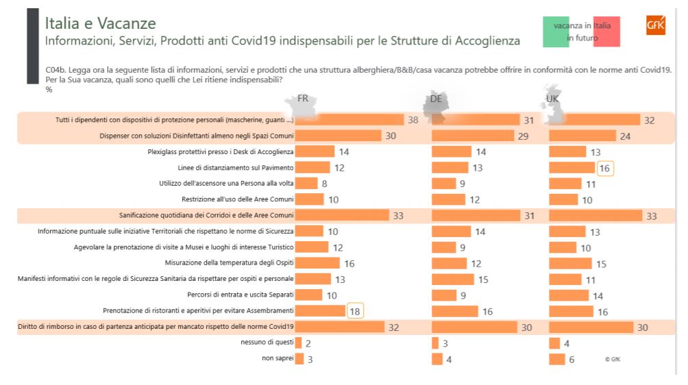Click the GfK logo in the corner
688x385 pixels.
(655, 25)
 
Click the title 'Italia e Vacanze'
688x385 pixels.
(100, 24)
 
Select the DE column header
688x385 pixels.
(436, 99)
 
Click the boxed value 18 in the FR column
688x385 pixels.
(355, 311)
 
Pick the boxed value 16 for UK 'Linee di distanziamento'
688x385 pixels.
(604, 168)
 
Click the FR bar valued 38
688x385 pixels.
(349, 120)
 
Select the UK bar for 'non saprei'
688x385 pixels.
(556, 359)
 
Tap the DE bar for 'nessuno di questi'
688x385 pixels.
(435, 343)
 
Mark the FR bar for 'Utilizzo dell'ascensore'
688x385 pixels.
(306, 184)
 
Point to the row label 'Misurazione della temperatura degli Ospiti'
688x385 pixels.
(229, 263)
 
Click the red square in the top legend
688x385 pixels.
(606, 32)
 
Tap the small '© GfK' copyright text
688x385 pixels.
(612, 359)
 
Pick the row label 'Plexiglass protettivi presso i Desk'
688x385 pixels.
(221, 151)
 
